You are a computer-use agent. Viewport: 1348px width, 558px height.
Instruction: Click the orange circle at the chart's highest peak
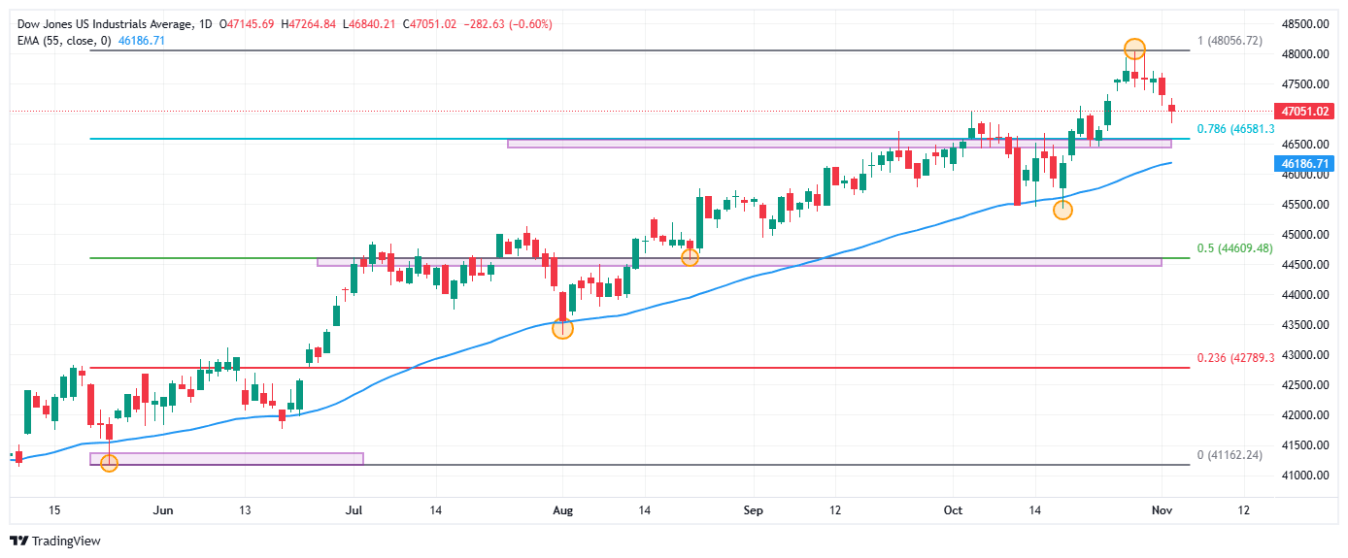click(x=1134, y=48)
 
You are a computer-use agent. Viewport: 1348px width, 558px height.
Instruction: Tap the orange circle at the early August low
click(x=562, y=329)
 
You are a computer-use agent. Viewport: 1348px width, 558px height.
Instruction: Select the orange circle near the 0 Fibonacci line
click(x=109, y=463)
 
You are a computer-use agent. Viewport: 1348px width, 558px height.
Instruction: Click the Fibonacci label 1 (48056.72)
click(x=1229, y=40)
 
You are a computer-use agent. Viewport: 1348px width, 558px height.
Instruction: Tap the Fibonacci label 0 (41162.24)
click(x=1229, y=454)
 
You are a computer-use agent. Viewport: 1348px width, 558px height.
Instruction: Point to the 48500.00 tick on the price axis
click(x=1304, y=23)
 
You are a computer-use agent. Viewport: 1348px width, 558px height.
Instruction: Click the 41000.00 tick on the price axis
click(x=1304, y=476)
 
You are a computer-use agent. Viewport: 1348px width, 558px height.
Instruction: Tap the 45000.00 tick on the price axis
click(x=1304, y=235)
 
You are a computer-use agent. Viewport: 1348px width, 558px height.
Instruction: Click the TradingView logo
click(x=56, y=541)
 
